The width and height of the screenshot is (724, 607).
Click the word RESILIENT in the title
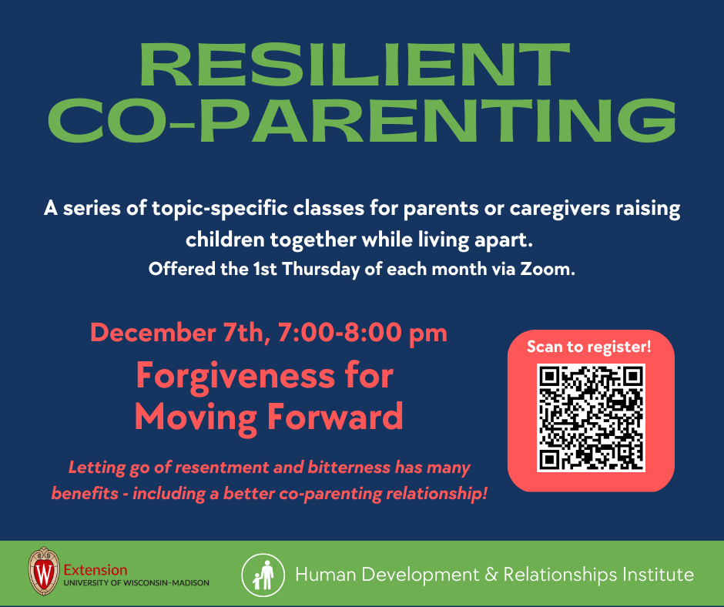coord(354,65)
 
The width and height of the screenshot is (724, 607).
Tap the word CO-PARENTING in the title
coord(362,119)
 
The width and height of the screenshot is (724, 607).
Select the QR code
coord(591,418)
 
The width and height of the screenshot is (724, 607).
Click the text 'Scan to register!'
coord(588,347)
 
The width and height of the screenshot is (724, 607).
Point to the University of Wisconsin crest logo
coord(44,571)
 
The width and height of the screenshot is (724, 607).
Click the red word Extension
coord(95,569)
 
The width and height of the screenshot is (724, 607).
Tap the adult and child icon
coord(263,575)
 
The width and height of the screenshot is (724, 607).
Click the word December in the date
coord(153,333)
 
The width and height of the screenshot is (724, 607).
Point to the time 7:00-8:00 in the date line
coord(340,333)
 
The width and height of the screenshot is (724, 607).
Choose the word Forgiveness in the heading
coord(235,377)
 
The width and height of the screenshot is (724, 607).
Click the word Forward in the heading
coord(335,417)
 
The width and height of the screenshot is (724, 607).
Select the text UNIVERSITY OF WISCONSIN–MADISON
coord(136,583)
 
